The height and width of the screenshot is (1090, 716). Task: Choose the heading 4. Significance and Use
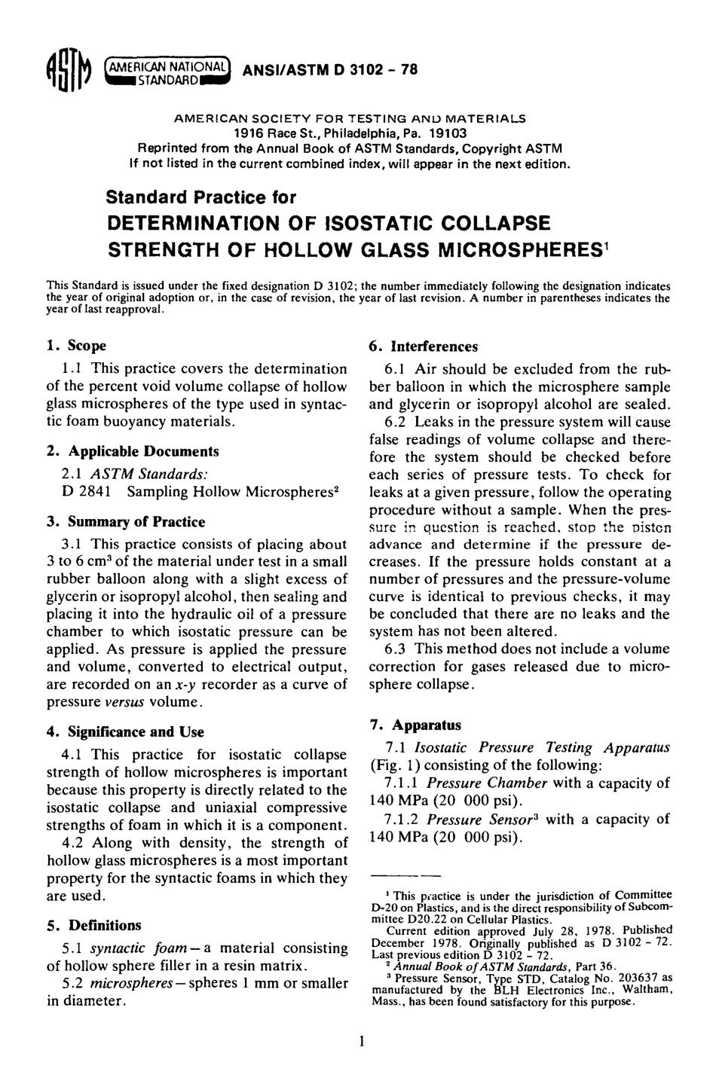point(125,731)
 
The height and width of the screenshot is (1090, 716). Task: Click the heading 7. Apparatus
point(415,725)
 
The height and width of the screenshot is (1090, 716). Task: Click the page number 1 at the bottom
point(362,1042)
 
